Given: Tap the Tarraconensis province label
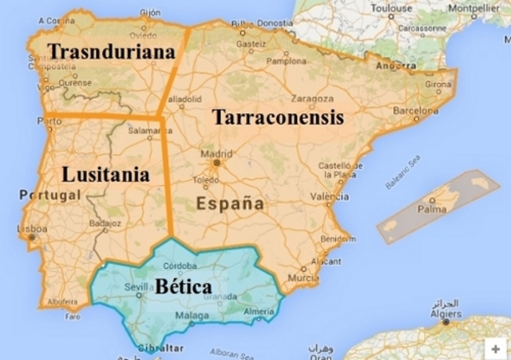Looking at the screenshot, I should point(278,118).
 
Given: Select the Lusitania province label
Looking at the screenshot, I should point(105,174).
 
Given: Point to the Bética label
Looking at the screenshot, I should point(184,286).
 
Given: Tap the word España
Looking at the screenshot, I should point(230,204).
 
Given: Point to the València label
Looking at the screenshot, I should point(329,196).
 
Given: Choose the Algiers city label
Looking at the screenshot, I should point(446,314).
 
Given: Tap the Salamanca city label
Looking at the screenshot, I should point(145,130).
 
